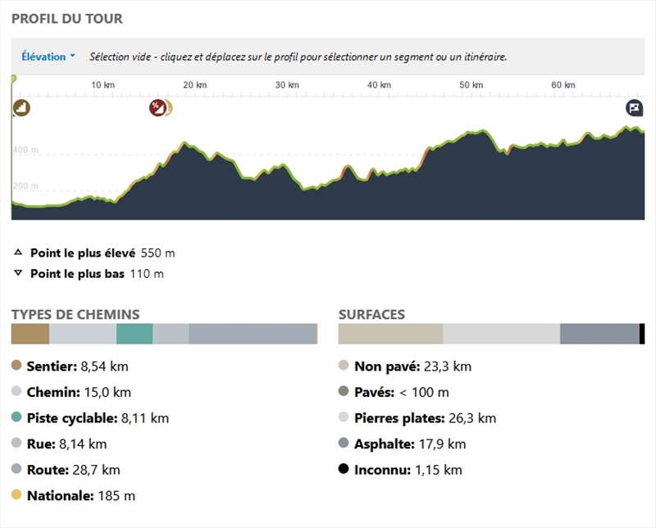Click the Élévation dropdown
(x=48, y=57)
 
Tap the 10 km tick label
(x=102, y=85)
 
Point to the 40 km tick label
(x=378, y=85)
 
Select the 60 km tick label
(x=563, y=85)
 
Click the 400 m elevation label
(x=25, y=150)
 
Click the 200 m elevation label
(x=25, y=186)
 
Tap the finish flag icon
(x=635, y=107)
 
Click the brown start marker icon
(x=21, y=107)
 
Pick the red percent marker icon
(x=157, y=107)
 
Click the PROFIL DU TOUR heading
(x=67, y=18)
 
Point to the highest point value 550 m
(x=157, y=253)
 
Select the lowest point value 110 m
(x=147, y=273)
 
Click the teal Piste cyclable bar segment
(x=134, y=334)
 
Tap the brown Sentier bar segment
(x=30, y=334)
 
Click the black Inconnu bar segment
(x=642, y=334)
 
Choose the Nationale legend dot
(x=16, y=495)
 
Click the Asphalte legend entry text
(x=410, y=444)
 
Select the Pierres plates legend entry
(x=425, y=418)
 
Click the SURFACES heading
(x=371, y=315)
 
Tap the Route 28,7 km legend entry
(x=73, y=470)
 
